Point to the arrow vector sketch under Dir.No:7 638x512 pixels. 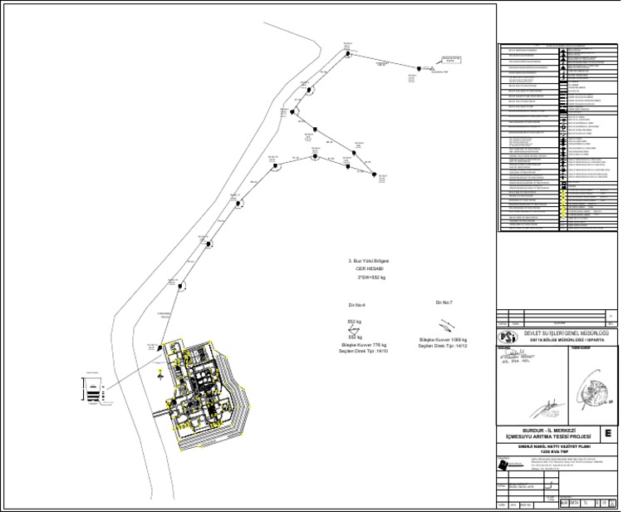[x=445, y=323]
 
